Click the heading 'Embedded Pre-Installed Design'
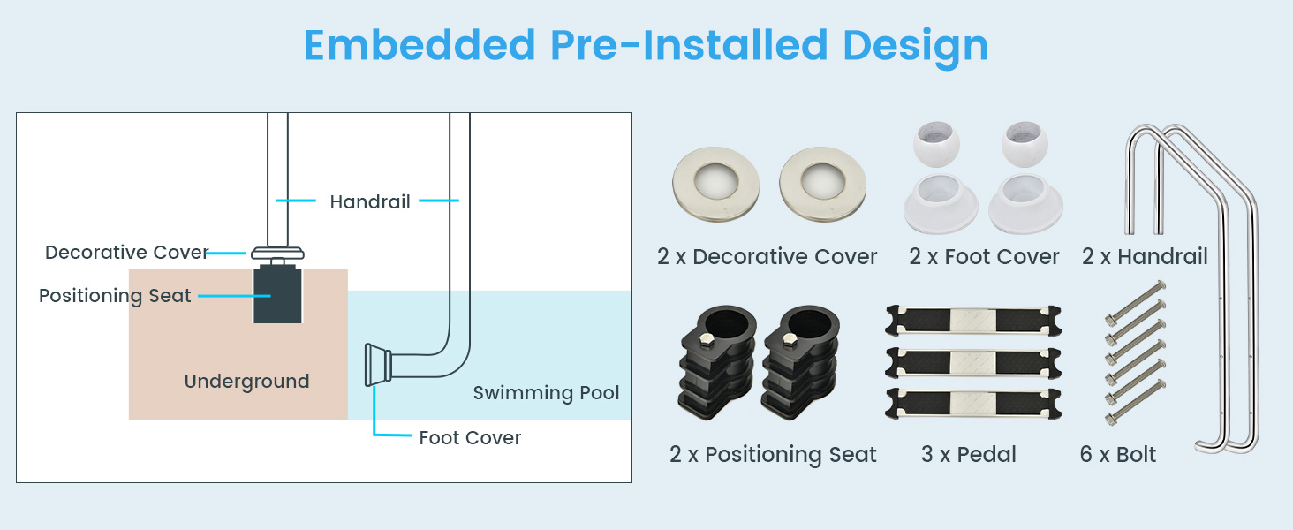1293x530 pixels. pyautogui.click(x=646, y=46)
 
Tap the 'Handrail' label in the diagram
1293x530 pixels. pyautogui.click(x=370, y=201)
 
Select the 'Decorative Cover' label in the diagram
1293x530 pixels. pyautogui.click(x=126, y=253)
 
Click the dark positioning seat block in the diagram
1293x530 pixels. pyautogui.click(x=277, y=294)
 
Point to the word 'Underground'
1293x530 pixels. pyautogui.click(x=247, y=382)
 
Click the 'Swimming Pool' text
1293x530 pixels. pyautogui.click(x=546, y=392)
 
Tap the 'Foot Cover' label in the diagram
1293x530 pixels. pyautogui.click(x=470, y=437)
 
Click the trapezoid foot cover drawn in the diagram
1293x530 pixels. pyautogui.click(x=377, y=365)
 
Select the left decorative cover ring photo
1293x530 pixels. pyautogui.click(x=715, y=184)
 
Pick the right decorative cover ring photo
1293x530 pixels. pyautogui.click(x=822, y=184)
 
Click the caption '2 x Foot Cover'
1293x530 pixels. pyautogui.click(x=984, y=256)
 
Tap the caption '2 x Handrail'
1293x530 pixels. pyautogui.click(x=1146, y=256)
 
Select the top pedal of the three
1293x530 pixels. pyautogui.click(x=973, y=321)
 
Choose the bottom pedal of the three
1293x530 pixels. pyautogui.click(x=973, y=404)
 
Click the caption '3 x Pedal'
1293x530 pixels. pyautogui.click(x=969, y=454)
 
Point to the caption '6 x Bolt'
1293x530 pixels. pyautogui.click(x=1118, y=454)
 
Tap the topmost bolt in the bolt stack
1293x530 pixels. pyautogui.click(x=1136, y=303)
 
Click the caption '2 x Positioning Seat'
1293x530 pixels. pyautogui.click(x=773, y=454)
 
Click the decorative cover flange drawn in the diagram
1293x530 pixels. pyautogui.click(x=277, y=253)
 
